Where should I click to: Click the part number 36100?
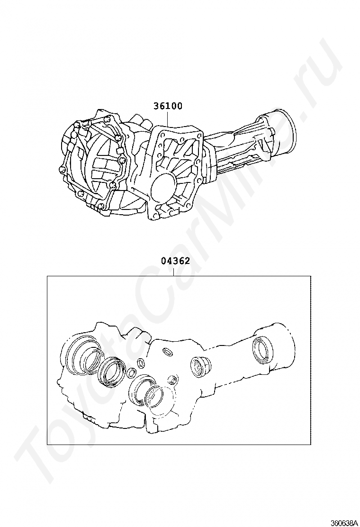coord(168,106)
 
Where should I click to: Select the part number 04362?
coord(175,261)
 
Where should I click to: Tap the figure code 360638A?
coord(343,523)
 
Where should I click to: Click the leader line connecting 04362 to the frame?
coord(174,271)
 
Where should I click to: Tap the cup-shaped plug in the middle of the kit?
coord(200,367)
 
